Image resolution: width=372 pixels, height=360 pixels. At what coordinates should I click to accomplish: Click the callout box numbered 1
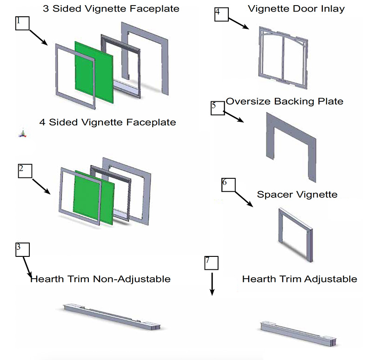tap(23, 23)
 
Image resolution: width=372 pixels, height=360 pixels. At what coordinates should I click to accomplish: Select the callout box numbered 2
tap(25, 170)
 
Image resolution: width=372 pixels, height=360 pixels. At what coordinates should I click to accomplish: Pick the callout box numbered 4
tap(221, 13)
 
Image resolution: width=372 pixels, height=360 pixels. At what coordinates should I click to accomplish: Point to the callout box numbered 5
tap(218, 107)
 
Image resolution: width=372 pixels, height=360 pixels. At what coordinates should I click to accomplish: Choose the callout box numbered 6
tap(228, 184)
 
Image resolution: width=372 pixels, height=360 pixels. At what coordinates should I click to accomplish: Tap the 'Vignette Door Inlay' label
tap(296, 9)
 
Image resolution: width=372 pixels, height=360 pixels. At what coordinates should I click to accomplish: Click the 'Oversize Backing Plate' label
tap(284, 101)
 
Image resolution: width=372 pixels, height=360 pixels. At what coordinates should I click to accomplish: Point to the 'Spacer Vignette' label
tap(297, 194)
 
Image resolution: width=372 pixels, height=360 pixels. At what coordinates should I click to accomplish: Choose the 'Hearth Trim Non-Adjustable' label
tap(100, 279)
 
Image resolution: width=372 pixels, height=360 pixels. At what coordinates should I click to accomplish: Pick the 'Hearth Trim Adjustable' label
tap(299, 279)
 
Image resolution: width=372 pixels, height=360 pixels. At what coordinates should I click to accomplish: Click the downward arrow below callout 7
tap(212, 284)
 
